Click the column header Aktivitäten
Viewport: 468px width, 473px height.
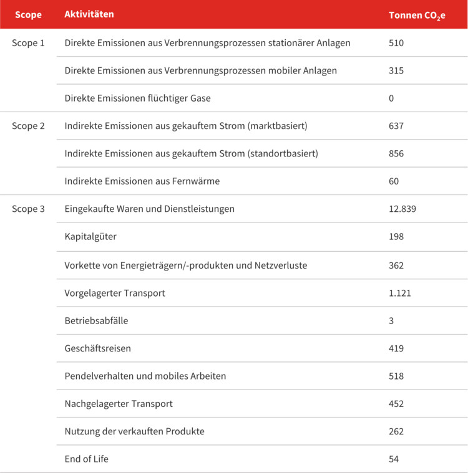[x=89, y=14]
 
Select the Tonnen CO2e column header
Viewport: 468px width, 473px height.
[x=417, y=14]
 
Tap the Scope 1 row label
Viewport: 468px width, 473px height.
[x=29, y=43]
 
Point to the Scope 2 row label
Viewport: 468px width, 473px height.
[x=29, y=126]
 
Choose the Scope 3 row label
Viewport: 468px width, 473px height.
[x=29, y=209]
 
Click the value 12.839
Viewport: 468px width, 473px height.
[x=402, y=209]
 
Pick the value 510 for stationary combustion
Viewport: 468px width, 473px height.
[x=396, y=43]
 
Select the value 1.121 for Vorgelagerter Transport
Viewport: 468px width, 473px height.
[x=399, y=292]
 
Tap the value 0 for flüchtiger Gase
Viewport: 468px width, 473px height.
[x=391, y=98]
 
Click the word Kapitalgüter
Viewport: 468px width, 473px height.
[x=90, y=237]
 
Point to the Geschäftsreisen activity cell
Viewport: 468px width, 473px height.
[x=98, y=348]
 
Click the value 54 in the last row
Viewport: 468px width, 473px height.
[x=394, y=459]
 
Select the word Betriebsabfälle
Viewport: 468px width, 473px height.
[x=96, y=320]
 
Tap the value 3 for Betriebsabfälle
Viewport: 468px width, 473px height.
[x=391, y=320]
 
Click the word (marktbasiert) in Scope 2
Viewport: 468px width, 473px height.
[x=278, y=126]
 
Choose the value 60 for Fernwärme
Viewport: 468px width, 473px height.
[x=394, y=181]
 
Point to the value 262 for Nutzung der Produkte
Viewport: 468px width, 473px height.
[x=396, y=431]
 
